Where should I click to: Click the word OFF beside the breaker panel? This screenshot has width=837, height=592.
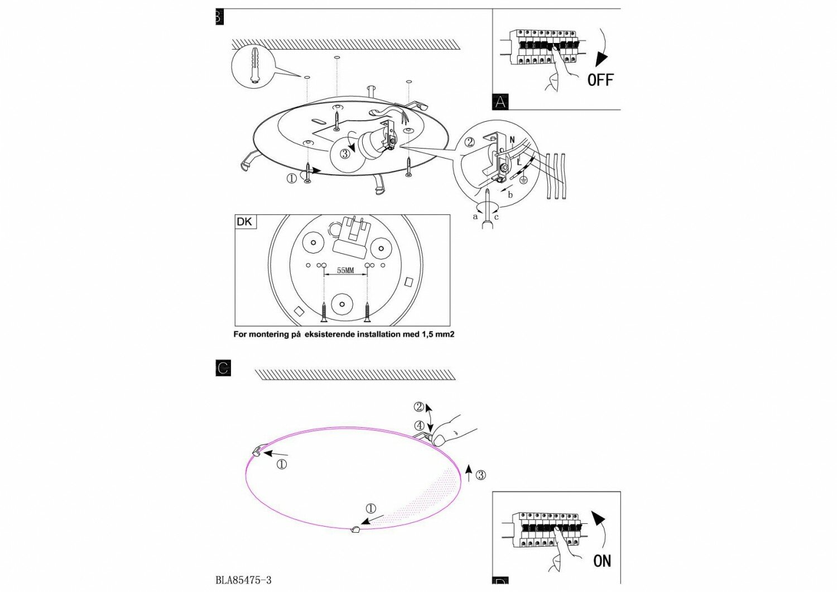(x=600, y=80)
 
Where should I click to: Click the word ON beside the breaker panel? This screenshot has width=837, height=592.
(x=602, y=560)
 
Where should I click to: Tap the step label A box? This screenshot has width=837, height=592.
(x=501, y=102)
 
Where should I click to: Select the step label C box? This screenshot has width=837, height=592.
(x=223, y=369)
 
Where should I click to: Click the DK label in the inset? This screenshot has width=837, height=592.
(x=244, y=222)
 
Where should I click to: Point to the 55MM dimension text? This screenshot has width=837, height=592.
(x=345, y=270)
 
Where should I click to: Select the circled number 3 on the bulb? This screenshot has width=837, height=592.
(x=345, y=153)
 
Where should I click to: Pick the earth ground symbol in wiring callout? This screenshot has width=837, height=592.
(x=523, y=179)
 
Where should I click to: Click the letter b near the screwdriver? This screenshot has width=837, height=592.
(x=510, y=195)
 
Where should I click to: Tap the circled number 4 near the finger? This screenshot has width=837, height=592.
(x=420, y=426)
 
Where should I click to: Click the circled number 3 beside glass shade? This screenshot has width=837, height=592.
(x=480, y=475)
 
